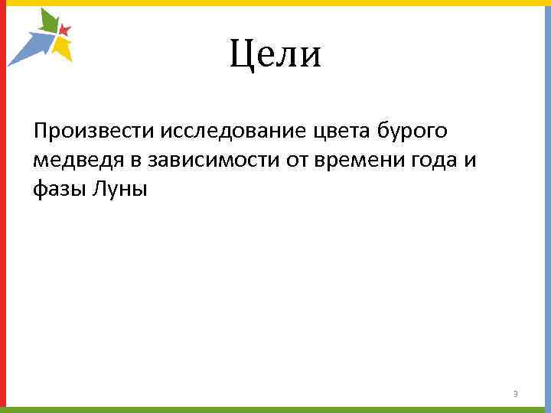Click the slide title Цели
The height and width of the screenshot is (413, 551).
275,54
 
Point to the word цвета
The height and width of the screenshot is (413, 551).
342,132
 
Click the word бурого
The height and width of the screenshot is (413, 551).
414,132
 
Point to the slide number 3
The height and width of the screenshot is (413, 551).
516,394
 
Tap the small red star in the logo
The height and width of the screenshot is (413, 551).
65,31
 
